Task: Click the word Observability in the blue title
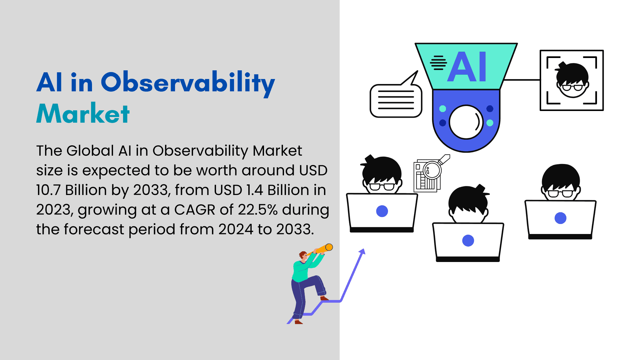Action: tap(188, 83)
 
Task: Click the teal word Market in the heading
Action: tap(83, 113)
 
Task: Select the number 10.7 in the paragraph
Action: tap(49, 190)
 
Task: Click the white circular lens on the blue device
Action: tap(466, 122)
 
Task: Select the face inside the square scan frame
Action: tap(571, 80)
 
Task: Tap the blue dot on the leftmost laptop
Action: tap(382, 211)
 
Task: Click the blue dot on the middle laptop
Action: tap(468, 240)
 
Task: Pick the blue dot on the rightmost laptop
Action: tap(560, 218)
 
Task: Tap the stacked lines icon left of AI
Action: tap(438, 63)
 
